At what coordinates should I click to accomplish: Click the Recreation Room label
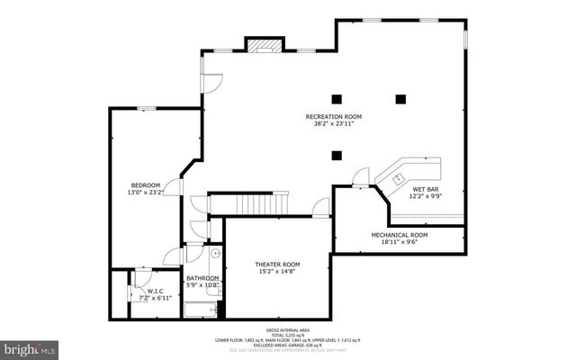click(x=334, y=117)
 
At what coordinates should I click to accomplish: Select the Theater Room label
click(x=277, y=265)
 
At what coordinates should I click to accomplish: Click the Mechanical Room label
click(x=400, y=234)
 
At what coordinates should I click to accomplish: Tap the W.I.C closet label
click(x=155, y=291)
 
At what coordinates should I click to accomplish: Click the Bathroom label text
click(x=202, y=278)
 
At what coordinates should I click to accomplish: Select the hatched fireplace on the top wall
click(x=263, y=45)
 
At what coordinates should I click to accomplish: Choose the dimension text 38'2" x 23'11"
click(x=334, y=124)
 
